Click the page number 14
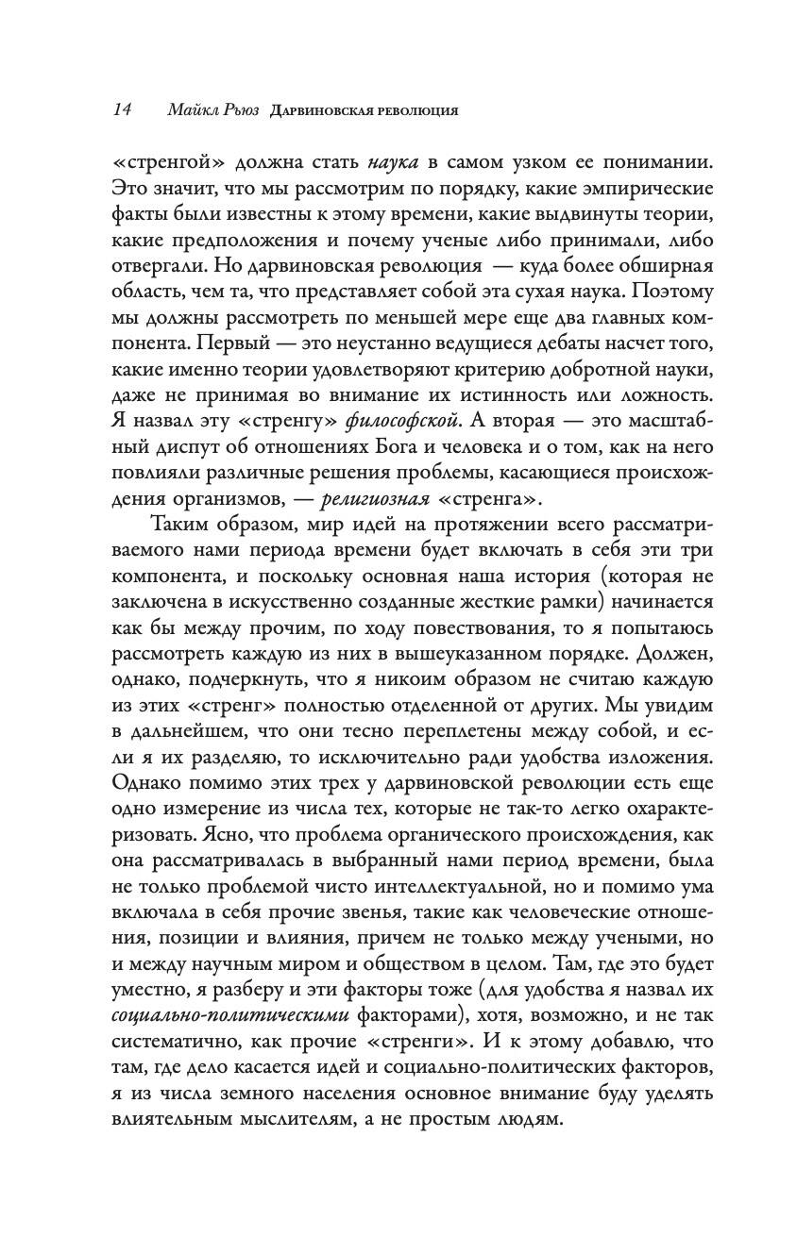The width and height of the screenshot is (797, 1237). click(x=121, y=109)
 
